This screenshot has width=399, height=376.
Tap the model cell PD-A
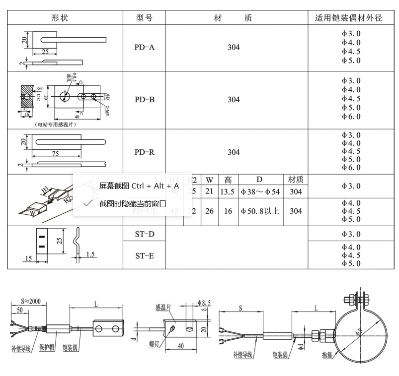pos(144,48)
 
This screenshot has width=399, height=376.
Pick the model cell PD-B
pos(144,99)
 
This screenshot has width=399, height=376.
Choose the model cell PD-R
pos(144,152)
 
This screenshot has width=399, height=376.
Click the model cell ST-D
pos(144,234)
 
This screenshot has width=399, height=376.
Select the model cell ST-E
pos(144,255)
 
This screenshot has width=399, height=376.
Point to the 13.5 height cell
pos(228,191)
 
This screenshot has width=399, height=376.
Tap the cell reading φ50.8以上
pos(260,211)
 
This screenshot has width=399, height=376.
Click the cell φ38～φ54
pos(260,191)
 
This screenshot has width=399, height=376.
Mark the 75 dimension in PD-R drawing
pos(56,154)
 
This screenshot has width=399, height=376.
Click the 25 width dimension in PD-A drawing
pos(45,52)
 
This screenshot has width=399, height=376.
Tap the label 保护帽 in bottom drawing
pos(47,348)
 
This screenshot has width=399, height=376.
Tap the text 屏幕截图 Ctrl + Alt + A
pos(139,186)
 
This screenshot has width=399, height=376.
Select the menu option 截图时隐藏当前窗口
pos(132,204)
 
